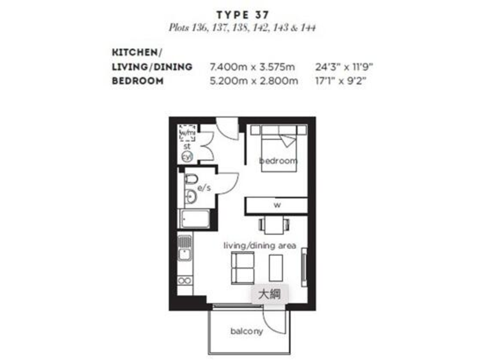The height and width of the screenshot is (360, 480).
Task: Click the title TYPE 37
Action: (x=241, y=14)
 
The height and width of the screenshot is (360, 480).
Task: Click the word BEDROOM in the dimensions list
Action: (x=137, y=81)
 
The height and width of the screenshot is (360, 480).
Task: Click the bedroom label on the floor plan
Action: (x=278, y=161)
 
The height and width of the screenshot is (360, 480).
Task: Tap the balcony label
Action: (x=246, y=331)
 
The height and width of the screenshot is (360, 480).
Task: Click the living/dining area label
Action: (x=259, y=245)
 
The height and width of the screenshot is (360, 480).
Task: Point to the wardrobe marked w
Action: (x=276, y=205)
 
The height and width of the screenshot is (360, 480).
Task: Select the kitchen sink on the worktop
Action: (x=183, y=254)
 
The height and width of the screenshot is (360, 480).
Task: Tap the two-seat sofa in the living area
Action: (x=243, y=267)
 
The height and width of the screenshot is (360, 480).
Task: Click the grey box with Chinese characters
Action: (x=269, y=294)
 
